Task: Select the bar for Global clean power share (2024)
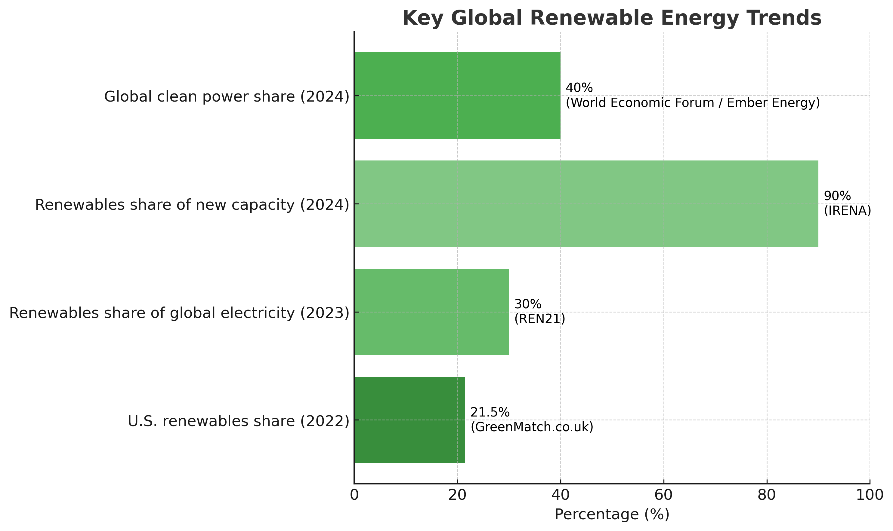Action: click(457, 96)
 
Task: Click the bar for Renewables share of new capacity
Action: click(586, 204)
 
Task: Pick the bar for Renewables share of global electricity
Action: click(431, 312)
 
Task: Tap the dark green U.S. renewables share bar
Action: click(409, 420)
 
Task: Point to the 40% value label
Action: click(579, 88)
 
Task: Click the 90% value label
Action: click(837, 196)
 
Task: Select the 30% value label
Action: click(528, 304)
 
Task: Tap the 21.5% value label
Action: click(490, 413)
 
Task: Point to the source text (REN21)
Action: click(539, 319)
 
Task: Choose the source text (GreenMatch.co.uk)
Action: click(532, 427)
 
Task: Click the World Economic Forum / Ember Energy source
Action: click(693, 103)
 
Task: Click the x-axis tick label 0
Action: click(354, 495)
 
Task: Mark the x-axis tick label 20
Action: click(457, 495)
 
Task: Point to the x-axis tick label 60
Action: click(664, 495)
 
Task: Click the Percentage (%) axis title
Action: click(612, 514)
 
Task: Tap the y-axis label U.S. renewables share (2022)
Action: click(238, 421)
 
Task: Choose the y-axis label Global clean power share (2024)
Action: click(226, 96)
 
